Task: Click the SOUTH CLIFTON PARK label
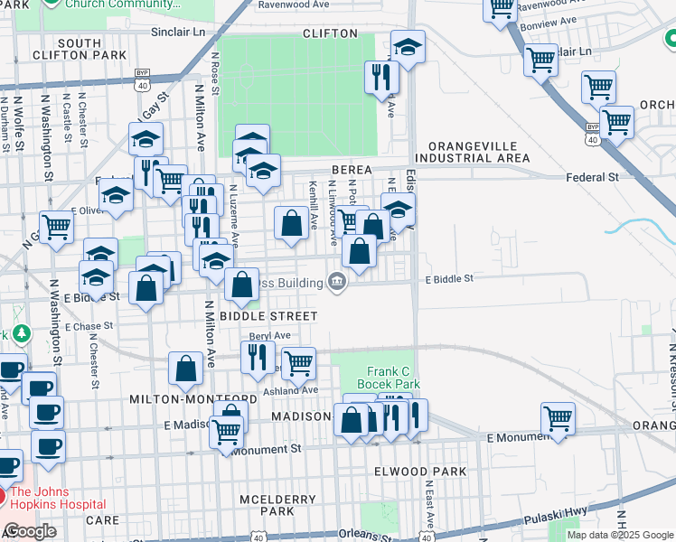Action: pos(79,49)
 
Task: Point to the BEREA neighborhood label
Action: pos(352,169)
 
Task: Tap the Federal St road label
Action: pos(592,177)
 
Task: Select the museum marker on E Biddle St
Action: pos(336,284)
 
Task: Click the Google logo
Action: pos(31,531)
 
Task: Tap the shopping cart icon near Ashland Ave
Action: pos(297,363)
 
